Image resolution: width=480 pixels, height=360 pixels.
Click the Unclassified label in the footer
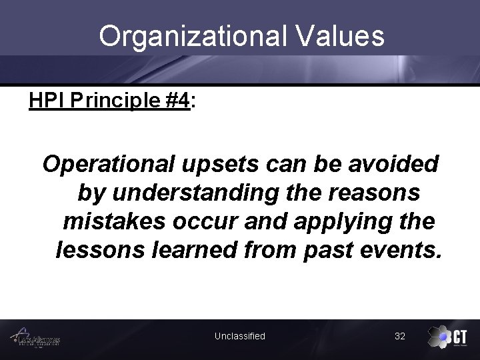click(239, 336)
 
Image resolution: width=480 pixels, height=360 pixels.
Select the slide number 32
click(400, 336)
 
